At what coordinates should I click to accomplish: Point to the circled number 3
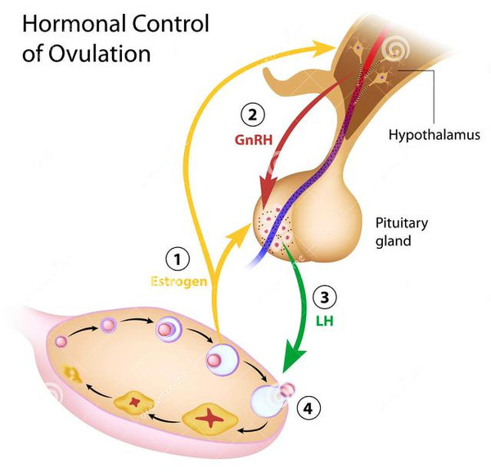pos(325,297)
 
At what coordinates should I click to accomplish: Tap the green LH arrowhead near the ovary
pos(291,365)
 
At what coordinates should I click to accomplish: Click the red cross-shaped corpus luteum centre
pos(213,419)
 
